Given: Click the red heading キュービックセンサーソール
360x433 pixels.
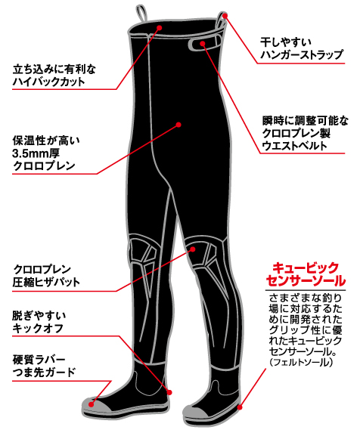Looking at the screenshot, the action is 306,274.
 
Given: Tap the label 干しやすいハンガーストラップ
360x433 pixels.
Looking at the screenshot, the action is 302,48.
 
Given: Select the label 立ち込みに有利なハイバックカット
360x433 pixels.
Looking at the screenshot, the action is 54,76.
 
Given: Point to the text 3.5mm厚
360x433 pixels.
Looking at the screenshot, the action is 36,153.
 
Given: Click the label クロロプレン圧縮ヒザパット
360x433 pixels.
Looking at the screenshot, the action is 46,276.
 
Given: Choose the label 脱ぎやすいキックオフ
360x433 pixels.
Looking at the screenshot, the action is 39,322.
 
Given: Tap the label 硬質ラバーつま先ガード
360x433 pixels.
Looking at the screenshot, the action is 44,366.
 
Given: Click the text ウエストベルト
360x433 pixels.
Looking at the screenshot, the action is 294,146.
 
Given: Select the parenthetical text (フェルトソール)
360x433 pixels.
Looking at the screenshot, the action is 301,362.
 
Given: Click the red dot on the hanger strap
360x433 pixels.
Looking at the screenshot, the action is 225,16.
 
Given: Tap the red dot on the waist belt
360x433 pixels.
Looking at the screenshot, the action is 203,43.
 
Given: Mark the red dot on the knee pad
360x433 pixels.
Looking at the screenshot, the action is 193,249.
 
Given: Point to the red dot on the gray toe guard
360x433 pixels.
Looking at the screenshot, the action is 92,404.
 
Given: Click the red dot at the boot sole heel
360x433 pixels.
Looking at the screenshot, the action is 240,407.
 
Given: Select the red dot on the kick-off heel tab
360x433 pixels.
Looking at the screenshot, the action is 169,392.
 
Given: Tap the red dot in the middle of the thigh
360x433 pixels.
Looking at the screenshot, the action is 178,125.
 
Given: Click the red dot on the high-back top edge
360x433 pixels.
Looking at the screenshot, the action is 160,27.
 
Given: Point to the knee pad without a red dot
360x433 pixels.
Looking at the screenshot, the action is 144,252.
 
